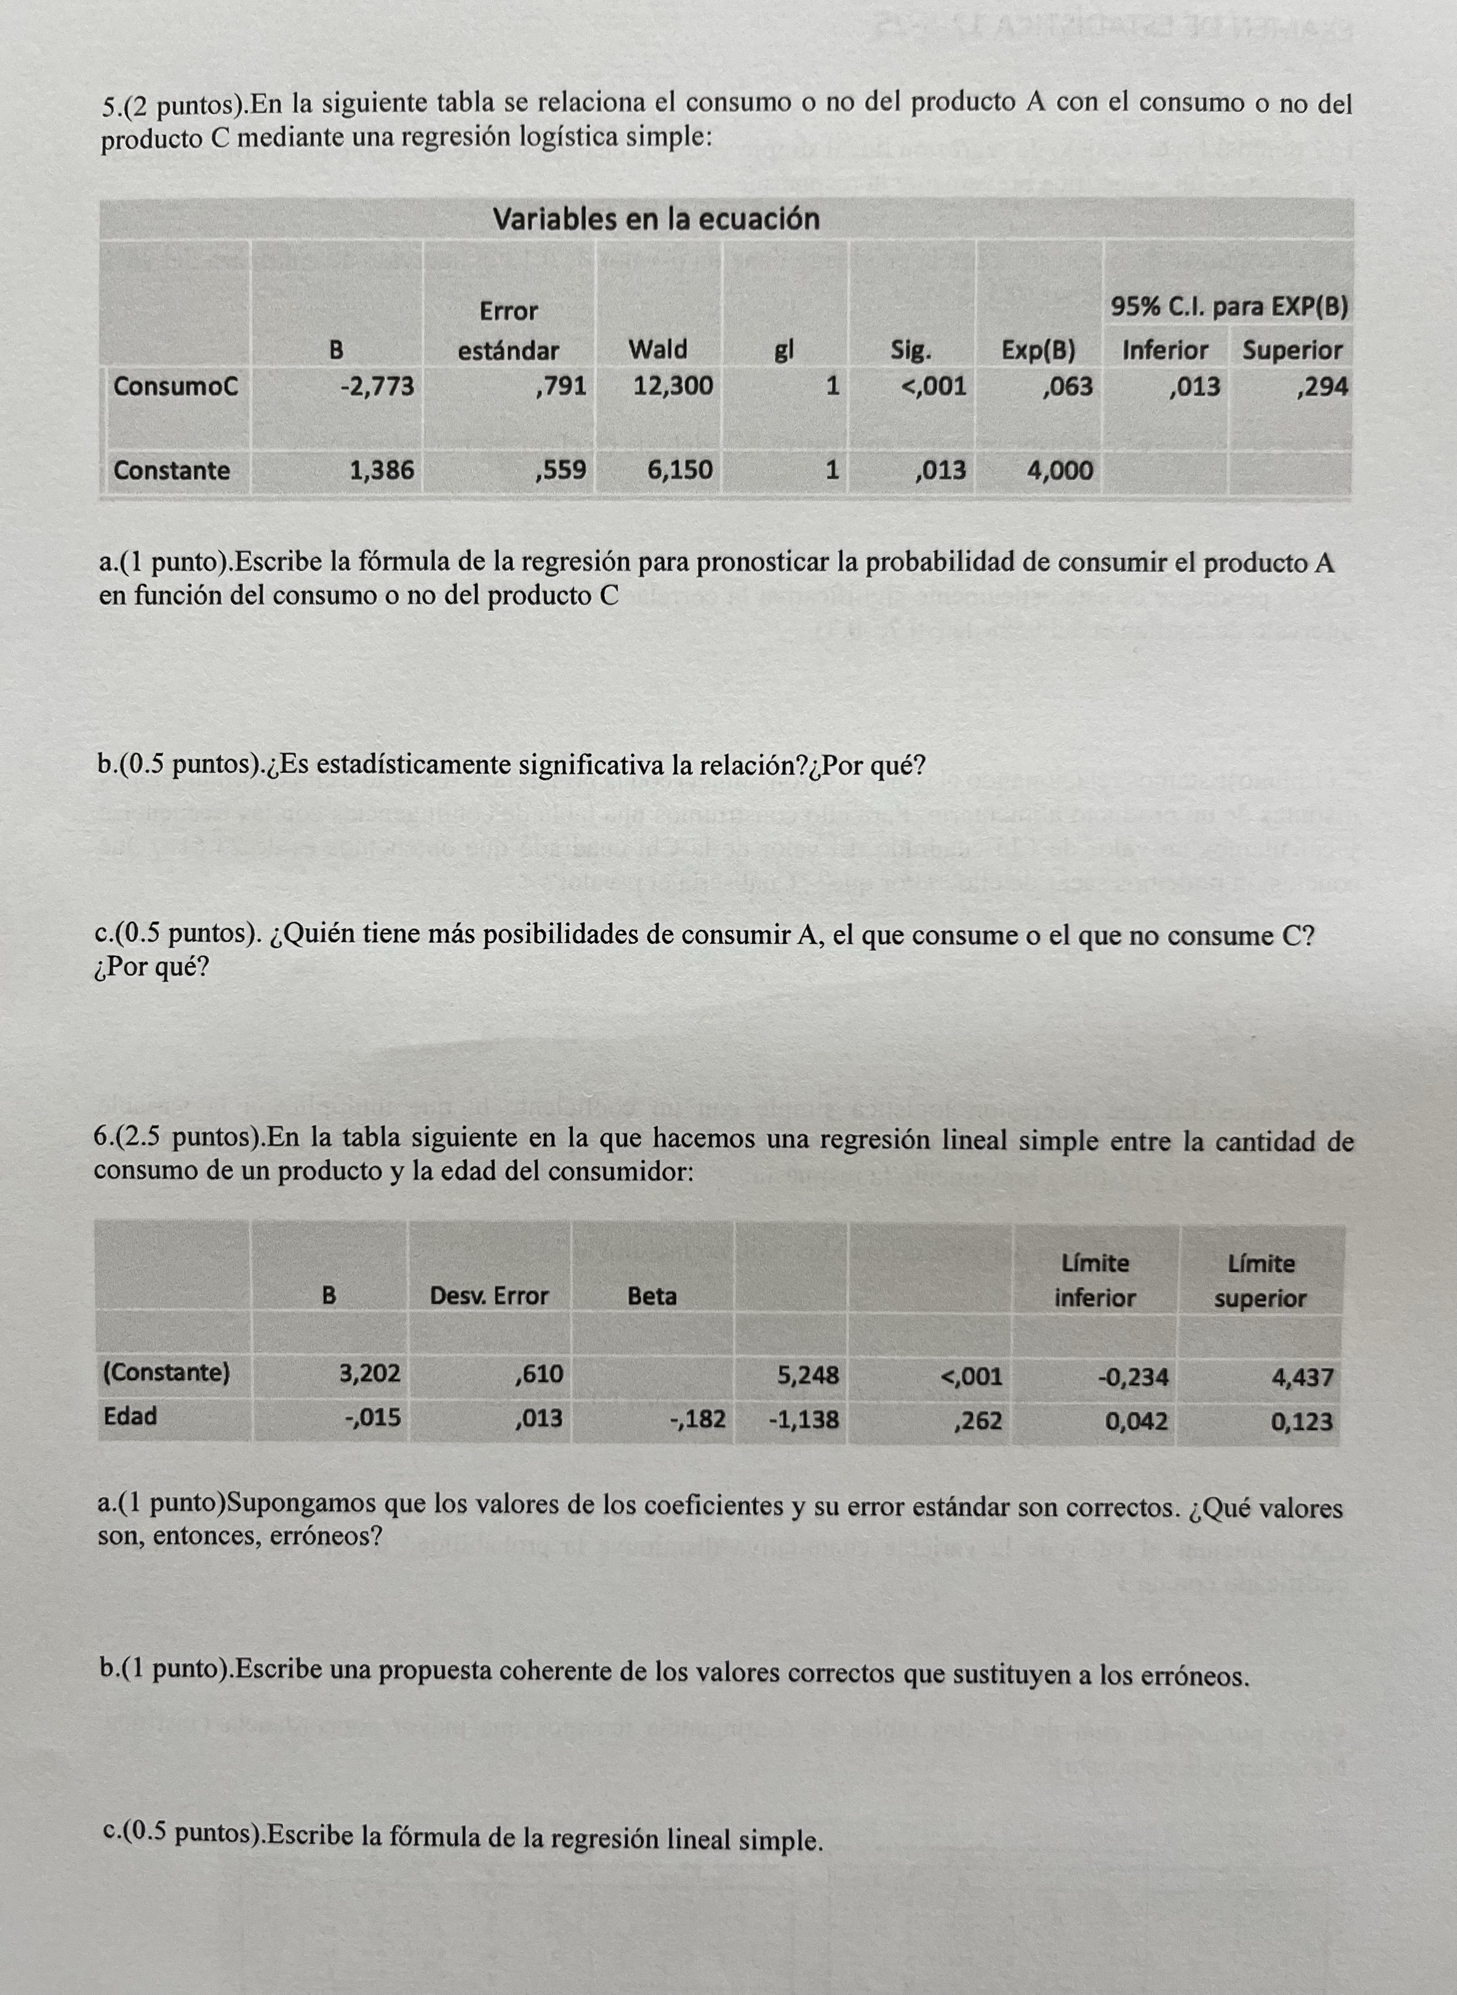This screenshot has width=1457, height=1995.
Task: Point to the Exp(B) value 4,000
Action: click(1059, 470)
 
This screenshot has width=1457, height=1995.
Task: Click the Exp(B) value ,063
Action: click(1066, 387)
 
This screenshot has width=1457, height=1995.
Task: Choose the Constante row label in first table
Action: click(171, 470)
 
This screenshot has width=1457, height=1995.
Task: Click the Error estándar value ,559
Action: click(560, 470)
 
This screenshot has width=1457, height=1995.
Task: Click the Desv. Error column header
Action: click(489, 1295)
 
